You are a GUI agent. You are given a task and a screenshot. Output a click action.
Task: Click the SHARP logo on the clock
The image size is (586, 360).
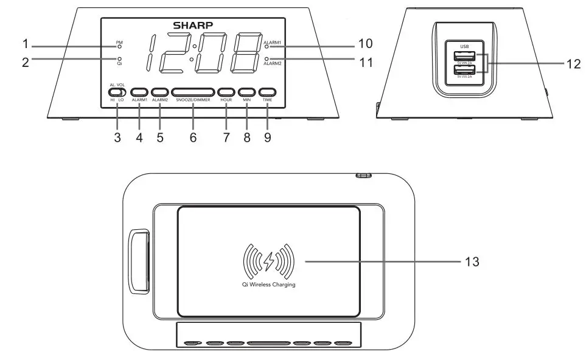tap(193, 26)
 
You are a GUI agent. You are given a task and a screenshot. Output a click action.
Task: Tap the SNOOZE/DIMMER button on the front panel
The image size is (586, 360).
tap(193, 92)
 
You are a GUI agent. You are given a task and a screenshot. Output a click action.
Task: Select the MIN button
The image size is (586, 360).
tap(246, 92)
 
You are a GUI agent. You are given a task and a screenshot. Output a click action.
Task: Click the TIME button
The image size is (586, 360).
tap(267, 92)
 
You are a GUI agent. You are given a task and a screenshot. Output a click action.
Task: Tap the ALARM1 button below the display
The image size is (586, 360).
tap(139, 92)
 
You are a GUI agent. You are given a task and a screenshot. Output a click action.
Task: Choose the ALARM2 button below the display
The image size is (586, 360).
tap(160, 92)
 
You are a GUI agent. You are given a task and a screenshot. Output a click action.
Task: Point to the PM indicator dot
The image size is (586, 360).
tap(120, 47)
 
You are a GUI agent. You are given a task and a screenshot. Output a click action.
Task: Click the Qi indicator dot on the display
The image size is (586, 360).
tap(120, 58)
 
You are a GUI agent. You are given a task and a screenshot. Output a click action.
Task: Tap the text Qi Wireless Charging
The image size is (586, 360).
tap(268, 285)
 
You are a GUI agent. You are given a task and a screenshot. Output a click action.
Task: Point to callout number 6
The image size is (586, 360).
tap(193, 137)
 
